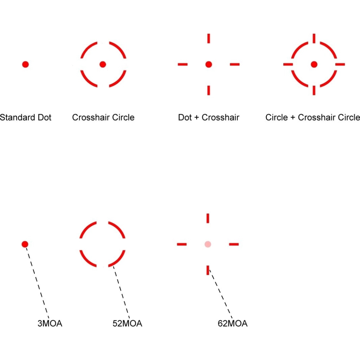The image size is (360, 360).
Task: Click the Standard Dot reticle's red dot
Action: (25, 64)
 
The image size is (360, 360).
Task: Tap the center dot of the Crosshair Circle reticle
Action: (103, 64)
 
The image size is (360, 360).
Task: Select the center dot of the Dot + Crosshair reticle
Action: (208, 64)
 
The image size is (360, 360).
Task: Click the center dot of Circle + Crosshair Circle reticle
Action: (314, 64)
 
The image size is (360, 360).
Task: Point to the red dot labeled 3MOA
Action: (25, 244)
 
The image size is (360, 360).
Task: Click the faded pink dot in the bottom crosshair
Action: (208, 244)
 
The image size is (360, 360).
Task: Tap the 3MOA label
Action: (50, 323)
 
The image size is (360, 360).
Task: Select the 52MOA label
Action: (127, 323)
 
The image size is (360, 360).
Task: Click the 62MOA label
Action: (232, 323)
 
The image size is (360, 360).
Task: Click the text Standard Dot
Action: (25, 117)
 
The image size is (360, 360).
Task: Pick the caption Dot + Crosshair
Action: (208, 117)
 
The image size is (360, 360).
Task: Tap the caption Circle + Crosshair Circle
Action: (313, 117)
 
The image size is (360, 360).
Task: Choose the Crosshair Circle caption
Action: (103, 117)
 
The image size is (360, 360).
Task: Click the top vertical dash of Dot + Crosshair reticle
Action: (208, 38)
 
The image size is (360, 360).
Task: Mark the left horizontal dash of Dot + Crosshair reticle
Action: (182, 64)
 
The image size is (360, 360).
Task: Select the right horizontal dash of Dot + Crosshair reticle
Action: (234, 64)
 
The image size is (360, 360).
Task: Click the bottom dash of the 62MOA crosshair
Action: (208, 270)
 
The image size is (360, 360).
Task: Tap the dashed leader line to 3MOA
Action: (37, 281)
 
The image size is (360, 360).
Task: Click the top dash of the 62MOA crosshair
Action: (208, 218)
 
